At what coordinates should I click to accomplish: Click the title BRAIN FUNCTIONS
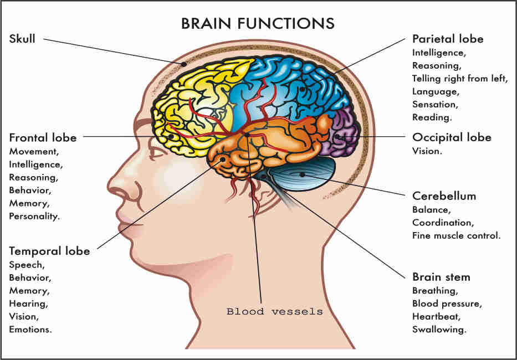click(x=258, y=23)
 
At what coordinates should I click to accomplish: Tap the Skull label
click(x=22, y=39)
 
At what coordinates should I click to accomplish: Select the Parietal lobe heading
click(x=448, y=39)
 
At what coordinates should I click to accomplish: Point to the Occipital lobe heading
click(x=452, y=137)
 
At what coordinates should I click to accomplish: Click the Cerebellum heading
click(x=444, y=196)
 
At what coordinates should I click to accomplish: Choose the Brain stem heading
click(x=441, y=277)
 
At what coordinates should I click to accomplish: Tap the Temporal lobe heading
click(x=49, y=251)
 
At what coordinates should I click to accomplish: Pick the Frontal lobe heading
click(x=43, y=137)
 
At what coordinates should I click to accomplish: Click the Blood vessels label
click(x=274, y=312)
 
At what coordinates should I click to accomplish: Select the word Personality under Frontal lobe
click(x=34, y=216)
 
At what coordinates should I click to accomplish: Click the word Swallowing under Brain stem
click(x=439, y=330)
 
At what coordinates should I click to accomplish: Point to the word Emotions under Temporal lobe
click(x=30, y=330)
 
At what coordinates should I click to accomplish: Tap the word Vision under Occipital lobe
click(x=427, y=151)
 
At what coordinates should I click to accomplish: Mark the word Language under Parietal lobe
click(x=435, y=91)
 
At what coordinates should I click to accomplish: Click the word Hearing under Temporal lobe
click(x=28, y=304)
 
